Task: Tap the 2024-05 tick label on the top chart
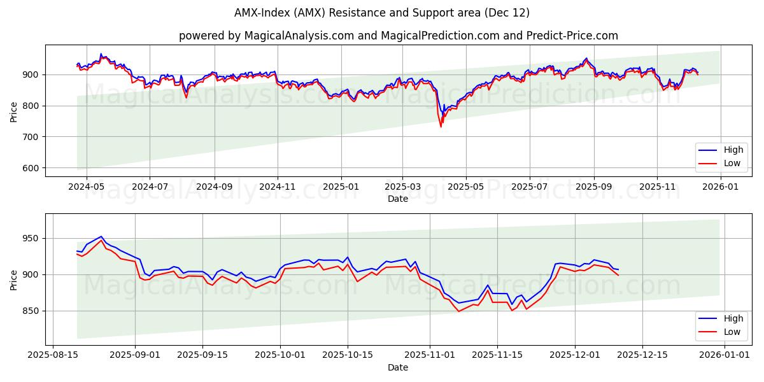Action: (x=85, y=187)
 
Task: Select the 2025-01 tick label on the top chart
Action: (x=341, y=187)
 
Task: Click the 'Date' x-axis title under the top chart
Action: (x=398, y=199)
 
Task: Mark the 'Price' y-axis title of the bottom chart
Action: (x=14, y=279)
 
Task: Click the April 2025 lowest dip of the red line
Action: (x=441, y=127)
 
